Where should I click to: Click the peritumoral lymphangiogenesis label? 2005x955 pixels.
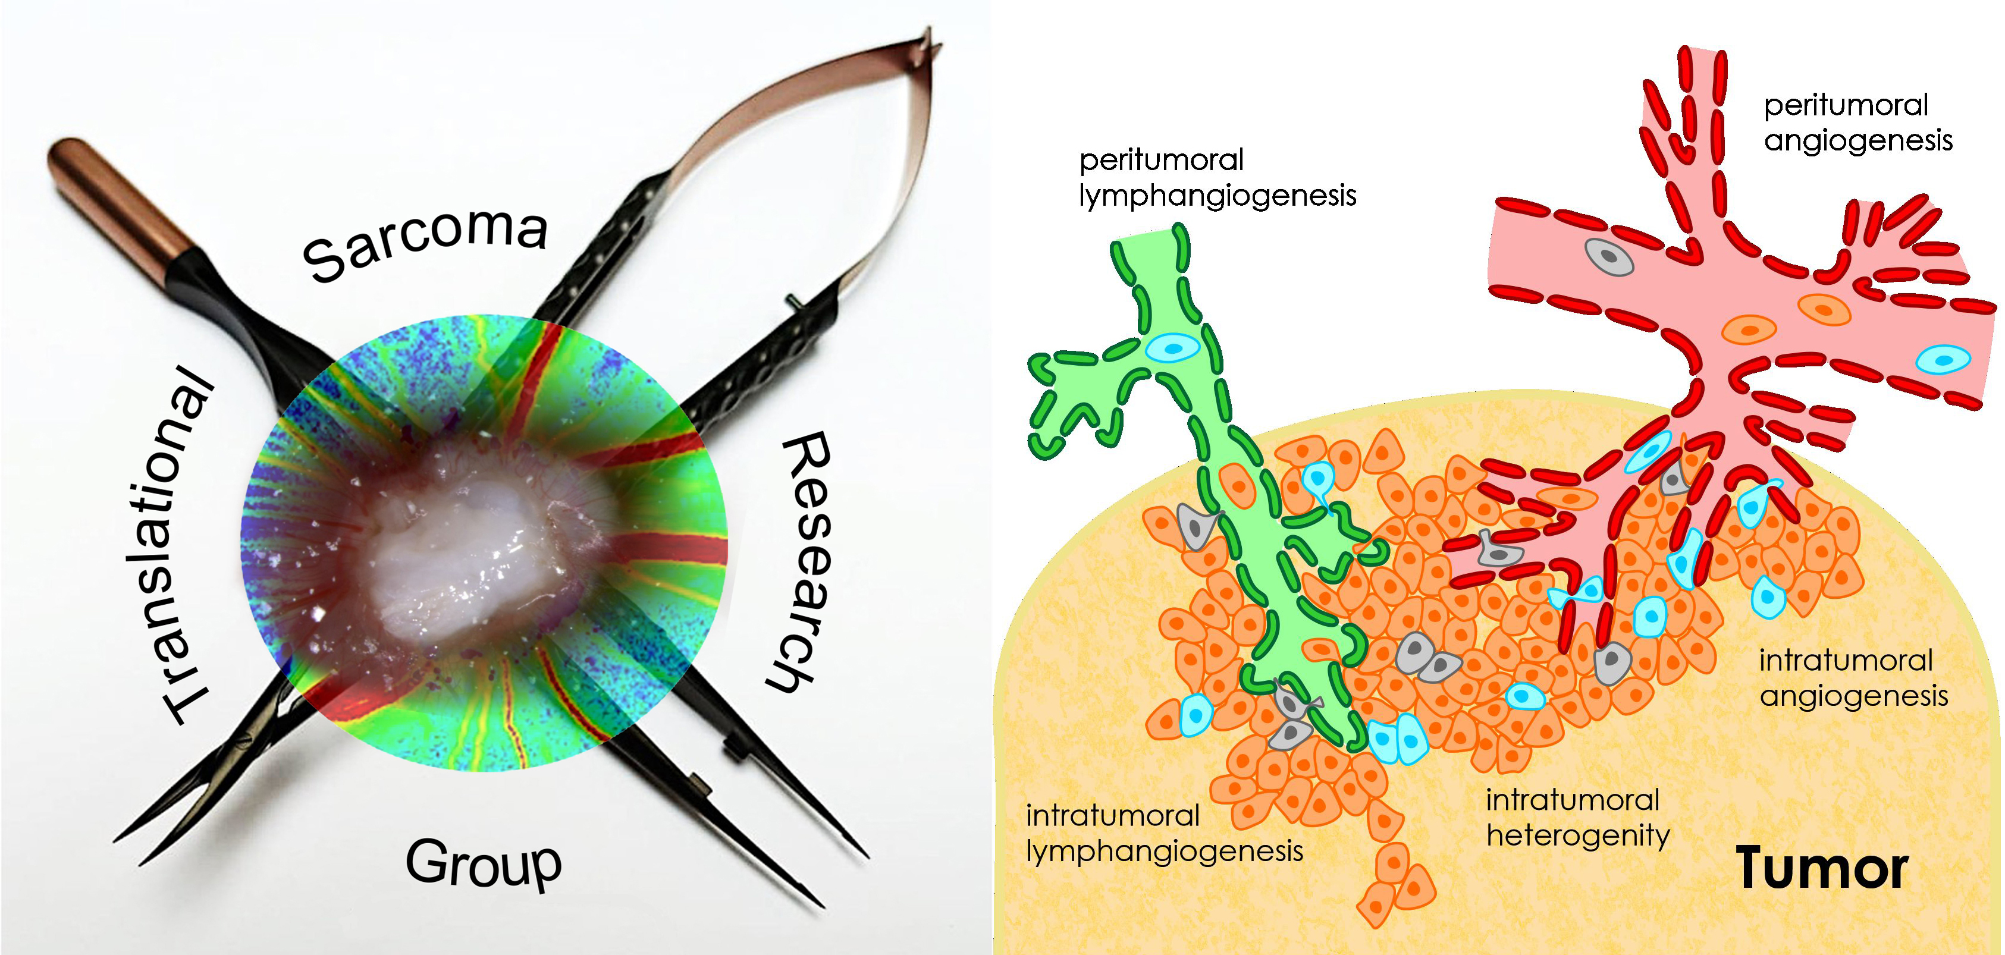coord(1216,177)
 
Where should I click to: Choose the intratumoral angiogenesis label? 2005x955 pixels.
coord(1853,678)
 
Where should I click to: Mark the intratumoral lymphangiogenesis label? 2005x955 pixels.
coord(1163,834)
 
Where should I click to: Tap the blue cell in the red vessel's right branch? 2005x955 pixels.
coord(1943,360)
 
